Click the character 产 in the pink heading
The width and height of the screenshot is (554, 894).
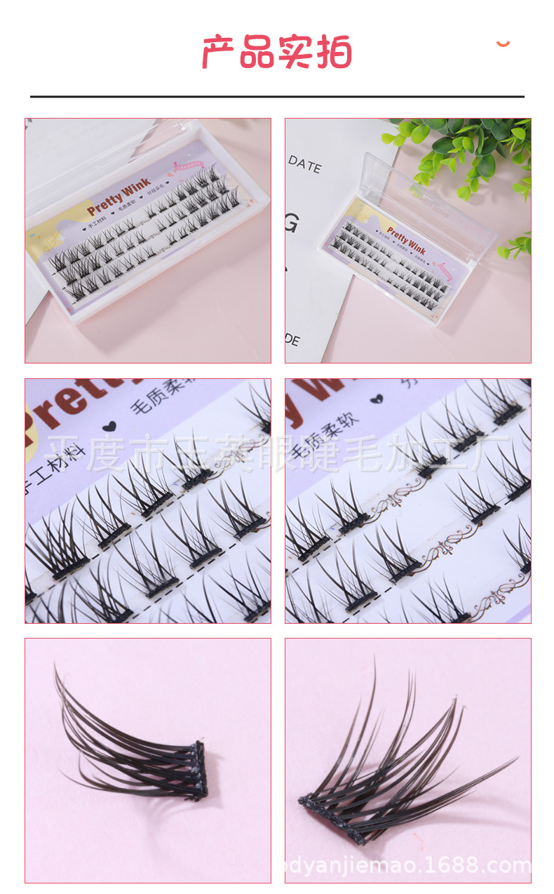(219, 52)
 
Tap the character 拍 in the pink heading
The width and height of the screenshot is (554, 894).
(334, 52)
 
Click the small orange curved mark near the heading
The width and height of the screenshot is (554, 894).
(503, 44)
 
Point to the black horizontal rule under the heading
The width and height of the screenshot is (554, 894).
(277, 96)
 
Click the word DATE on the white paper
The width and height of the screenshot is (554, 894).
(304, 165)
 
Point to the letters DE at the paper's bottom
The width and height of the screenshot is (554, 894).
(292, 341)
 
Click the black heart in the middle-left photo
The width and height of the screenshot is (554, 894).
(109, 425)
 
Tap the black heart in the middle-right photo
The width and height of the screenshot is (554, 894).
(377, 398)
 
